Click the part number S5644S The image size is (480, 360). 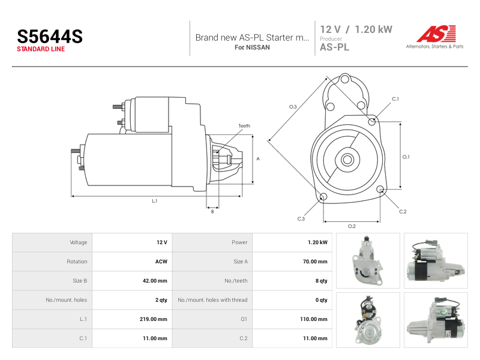click(x=50, y=37)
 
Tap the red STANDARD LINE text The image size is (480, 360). click(x=41, y=49)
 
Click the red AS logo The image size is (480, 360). click(x=436, y=34)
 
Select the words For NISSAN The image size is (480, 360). click(x=252, y=47)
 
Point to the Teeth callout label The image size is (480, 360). click(x=244, y=126)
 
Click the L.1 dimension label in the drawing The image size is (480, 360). click(x=155, y=201)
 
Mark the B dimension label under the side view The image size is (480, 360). click(x=212, y=212)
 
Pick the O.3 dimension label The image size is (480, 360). click(x=293, y=107)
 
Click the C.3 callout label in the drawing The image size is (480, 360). click(x=301, y=219)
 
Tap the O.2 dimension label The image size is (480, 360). click(x=352, y=226)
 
